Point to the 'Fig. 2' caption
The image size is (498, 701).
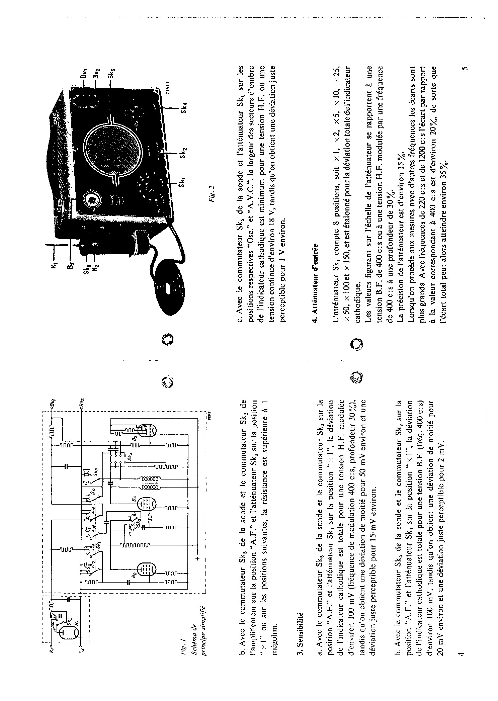[212, 192]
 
